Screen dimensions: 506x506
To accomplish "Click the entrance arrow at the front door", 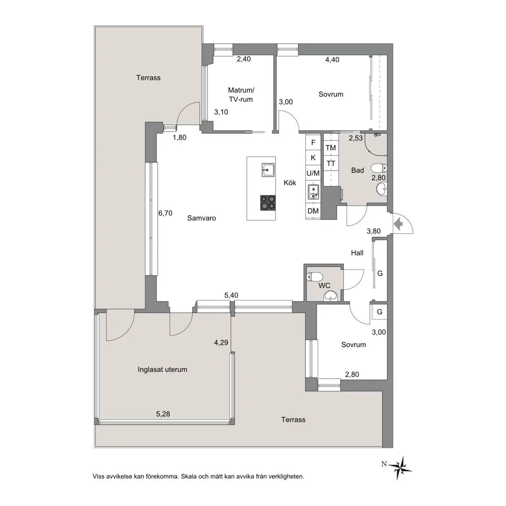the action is tap(398, 224).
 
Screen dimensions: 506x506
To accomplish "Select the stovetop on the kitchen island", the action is tap(268, 203).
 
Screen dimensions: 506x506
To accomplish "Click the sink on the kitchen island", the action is tap(268, 170).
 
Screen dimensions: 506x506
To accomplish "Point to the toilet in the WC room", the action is tap(314, 277).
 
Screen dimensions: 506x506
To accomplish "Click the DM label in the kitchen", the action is tap(313, 211).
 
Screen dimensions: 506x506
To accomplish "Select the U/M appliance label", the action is tap(313, 173).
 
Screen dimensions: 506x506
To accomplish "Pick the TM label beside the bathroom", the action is tap(331, 148).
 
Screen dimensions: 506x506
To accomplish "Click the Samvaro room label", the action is tap(202, 218).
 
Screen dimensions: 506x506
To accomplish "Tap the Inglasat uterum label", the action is tap(163, 369).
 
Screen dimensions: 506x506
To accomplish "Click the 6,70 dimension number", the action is tap(165, 213).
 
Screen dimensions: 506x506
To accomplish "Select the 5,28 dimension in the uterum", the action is tap(163, 414).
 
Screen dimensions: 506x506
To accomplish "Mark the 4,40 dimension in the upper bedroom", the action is tap(332, 60).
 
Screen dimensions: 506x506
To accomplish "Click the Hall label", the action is tap(357, 253).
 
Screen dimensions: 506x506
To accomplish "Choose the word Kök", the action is tap(290, 183).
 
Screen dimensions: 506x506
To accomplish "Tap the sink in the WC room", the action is tap(330, 295).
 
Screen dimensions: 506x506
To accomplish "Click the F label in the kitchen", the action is tap(313, 143).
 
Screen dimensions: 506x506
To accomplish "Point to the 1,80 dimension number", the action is tap(180, 137).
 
